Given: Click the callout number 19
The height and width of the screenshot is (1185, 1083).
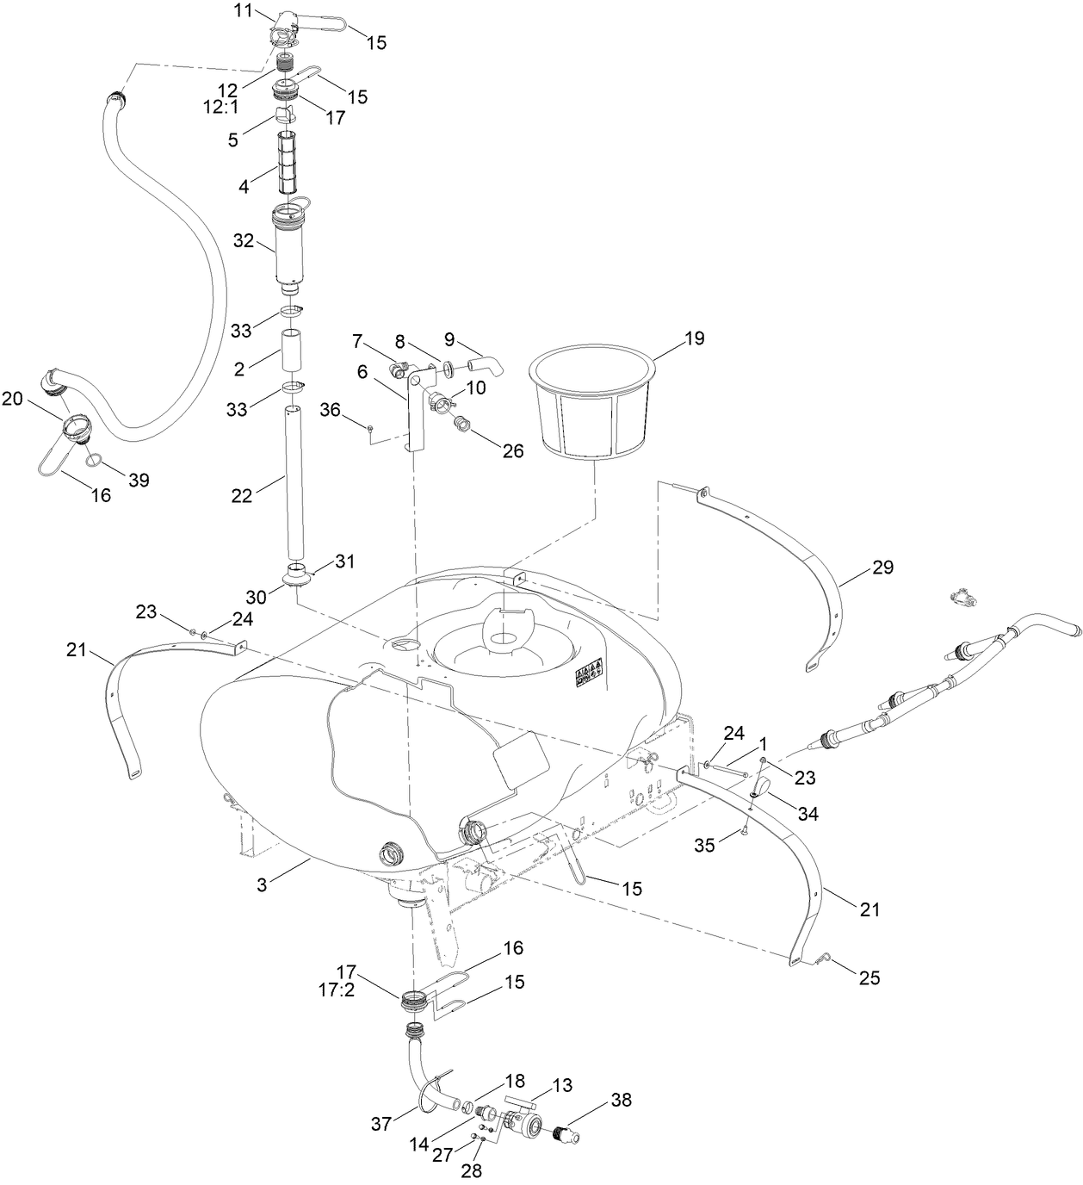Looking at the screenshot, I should [x=694, y=338].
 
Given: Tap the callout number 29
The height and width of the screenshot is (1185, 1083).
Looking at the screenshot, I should [x=882, y=568].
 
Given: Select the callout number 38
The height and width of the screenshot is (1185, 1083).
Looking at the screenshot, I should [x=622, y=1099].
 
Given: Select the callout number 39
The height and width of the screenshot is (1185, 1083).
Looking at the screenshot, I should [x=139, y=480].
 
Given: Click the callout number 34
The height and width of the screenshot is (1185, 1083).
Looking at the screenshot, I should [x=808, y=813].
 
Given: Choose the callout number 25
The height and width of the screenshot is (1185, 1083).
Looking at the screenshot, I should [x=869, y=977].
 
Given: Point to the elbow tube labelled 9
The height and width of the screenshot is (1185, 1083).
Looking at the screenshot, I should [x=489, y=365].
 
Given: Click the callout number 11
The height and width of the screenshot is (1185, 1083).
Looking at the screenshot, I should [x=244, y=10].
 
